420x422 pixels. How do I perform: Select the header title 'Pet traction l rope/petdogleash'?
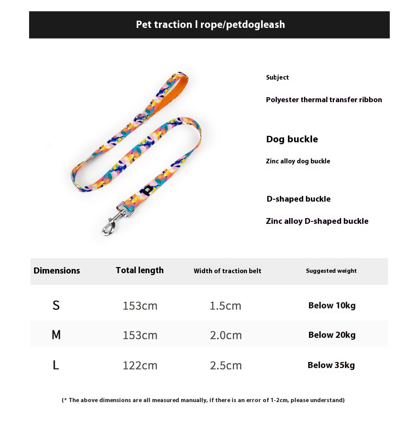(210, 25)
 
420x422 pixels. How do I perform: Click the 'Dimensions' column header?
(57, 271)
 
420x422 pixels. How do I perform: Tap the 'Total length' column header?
(140, 270)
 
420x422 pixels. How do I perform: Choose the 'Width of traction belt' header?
(227, 271)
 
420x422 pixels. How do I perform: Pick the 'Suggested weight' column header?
(331, 271)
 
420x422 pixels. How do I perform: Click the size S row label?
(56, 305)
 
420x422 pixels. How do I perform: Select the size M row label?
(56, 335)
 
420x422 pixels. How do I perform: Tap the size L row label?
(56, 365)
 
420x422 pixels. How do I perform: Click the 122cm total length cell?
(140, 366)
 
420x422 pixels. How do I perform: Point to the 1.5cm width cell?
(226, 306)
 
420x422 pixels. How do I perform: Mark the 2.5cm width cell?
(226, 366)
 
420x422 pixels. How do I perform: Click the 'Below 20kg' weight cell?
(332, 335)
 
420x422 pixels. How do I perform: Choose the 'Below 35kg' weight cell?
(331, 365)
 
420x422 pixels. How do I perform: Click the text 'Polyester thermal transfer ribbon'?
(324, 100)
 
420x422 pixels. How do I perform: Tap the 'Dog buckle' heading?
(292, 139)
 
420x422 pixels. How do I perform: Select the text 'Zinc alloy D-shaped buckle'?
(317, 221)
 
